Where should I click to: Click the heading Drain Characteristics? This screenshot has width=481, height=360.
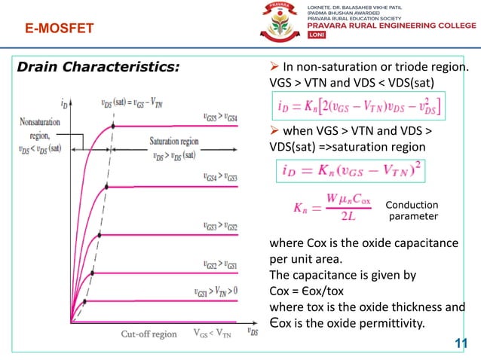tap(99, 67)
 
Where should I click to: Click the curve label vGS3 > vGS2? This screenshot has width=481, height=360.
tap(220, 226)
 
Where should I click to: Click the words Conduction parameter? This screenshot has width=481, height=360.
tap(412, 211)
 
